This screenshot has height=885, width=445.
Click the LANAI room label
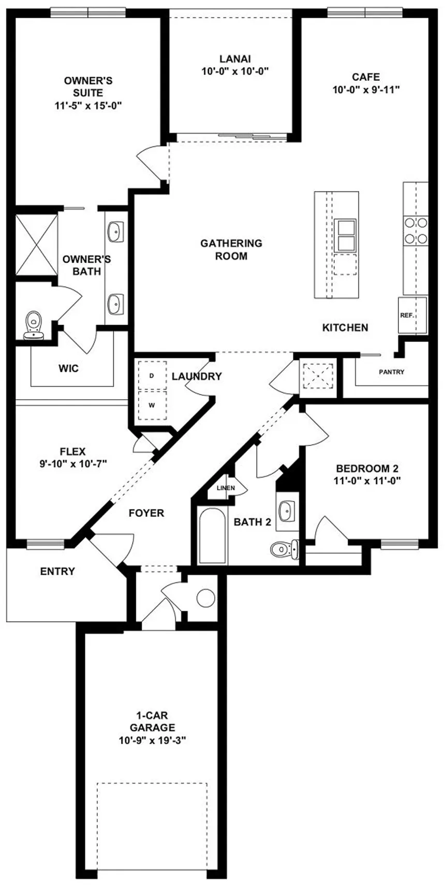pos(235,59)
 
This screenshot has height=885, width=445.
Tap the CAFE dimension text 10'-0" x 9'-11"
pos(366,89)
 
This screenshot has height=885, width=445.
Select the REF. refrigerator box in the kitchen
pos(412,315)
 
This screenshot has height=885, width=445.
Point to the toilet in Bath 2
pos(284,549)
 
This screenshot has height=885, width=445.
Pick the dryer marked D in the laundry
pos(152,376)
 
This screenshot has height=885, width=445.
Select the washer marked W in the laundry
pos(152,406)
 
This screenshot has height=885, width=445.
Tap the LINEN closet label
pos(226,488)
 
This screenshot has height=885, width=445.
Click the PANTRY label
pos(391,372)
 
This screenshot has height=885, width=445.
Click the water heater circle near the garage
pos(205,598)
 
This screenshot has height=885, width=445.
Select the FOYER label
pos(146,513)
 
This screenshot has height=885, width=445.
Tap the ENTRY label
pos(57,572)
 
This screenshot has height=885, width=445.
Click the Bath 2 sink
pos(287,511)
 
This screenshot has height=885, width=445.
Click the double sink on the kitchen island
pos(345,235)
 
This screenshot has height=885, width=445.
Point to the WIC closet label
pos(68,369)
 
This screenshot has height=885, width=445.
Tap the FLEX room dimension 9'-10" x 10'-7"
pos(73,463)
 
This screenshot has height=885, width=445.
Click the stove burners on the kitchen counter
pos(416,231)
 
